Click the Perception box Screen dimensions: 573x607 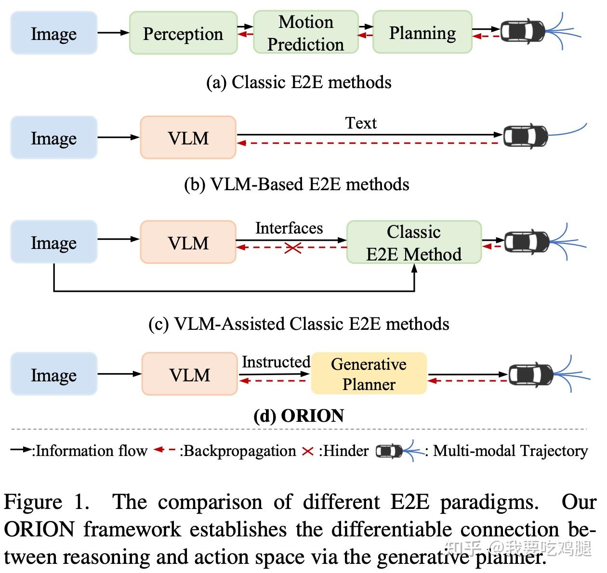[x=183, y=33]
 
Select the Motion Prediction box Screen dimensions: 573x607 [x=305, y=33]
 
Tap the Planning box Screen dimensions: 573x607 [x=422, y=33]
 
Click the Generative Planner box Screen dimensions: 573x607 [x=369, y=374]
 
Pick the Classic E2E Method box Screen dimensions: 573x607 [x=414, y=243]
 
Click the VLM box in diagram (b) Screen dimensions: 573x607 [x=188, y=138]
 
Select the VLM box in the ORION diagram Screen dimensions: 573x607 [x=189, y=374]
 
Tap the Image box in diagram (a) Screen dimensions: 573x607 [x=53, y=33]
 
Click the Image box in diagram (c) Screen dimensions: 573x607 [x=53, y=242]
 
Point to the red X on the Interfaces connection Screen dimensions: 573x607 [x=293, y=248]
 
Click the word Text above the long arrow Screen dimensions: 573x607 [x=360, y=123]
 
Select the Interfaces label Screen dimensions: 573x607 [x=289, y=228]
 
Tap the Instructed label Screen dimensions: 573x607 [x=276, y=362]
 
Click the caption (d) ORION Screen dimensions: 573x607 [x=299, y=416]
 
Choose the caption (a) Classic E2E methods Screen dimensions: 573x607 [x=299, y=82]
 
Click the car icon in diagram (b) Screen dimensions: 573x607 [x=525, y=136]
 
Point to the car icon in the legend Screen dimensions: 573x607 [x=389, y=451]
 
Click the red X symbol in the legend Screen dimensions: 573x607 [x=307, y=452]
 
